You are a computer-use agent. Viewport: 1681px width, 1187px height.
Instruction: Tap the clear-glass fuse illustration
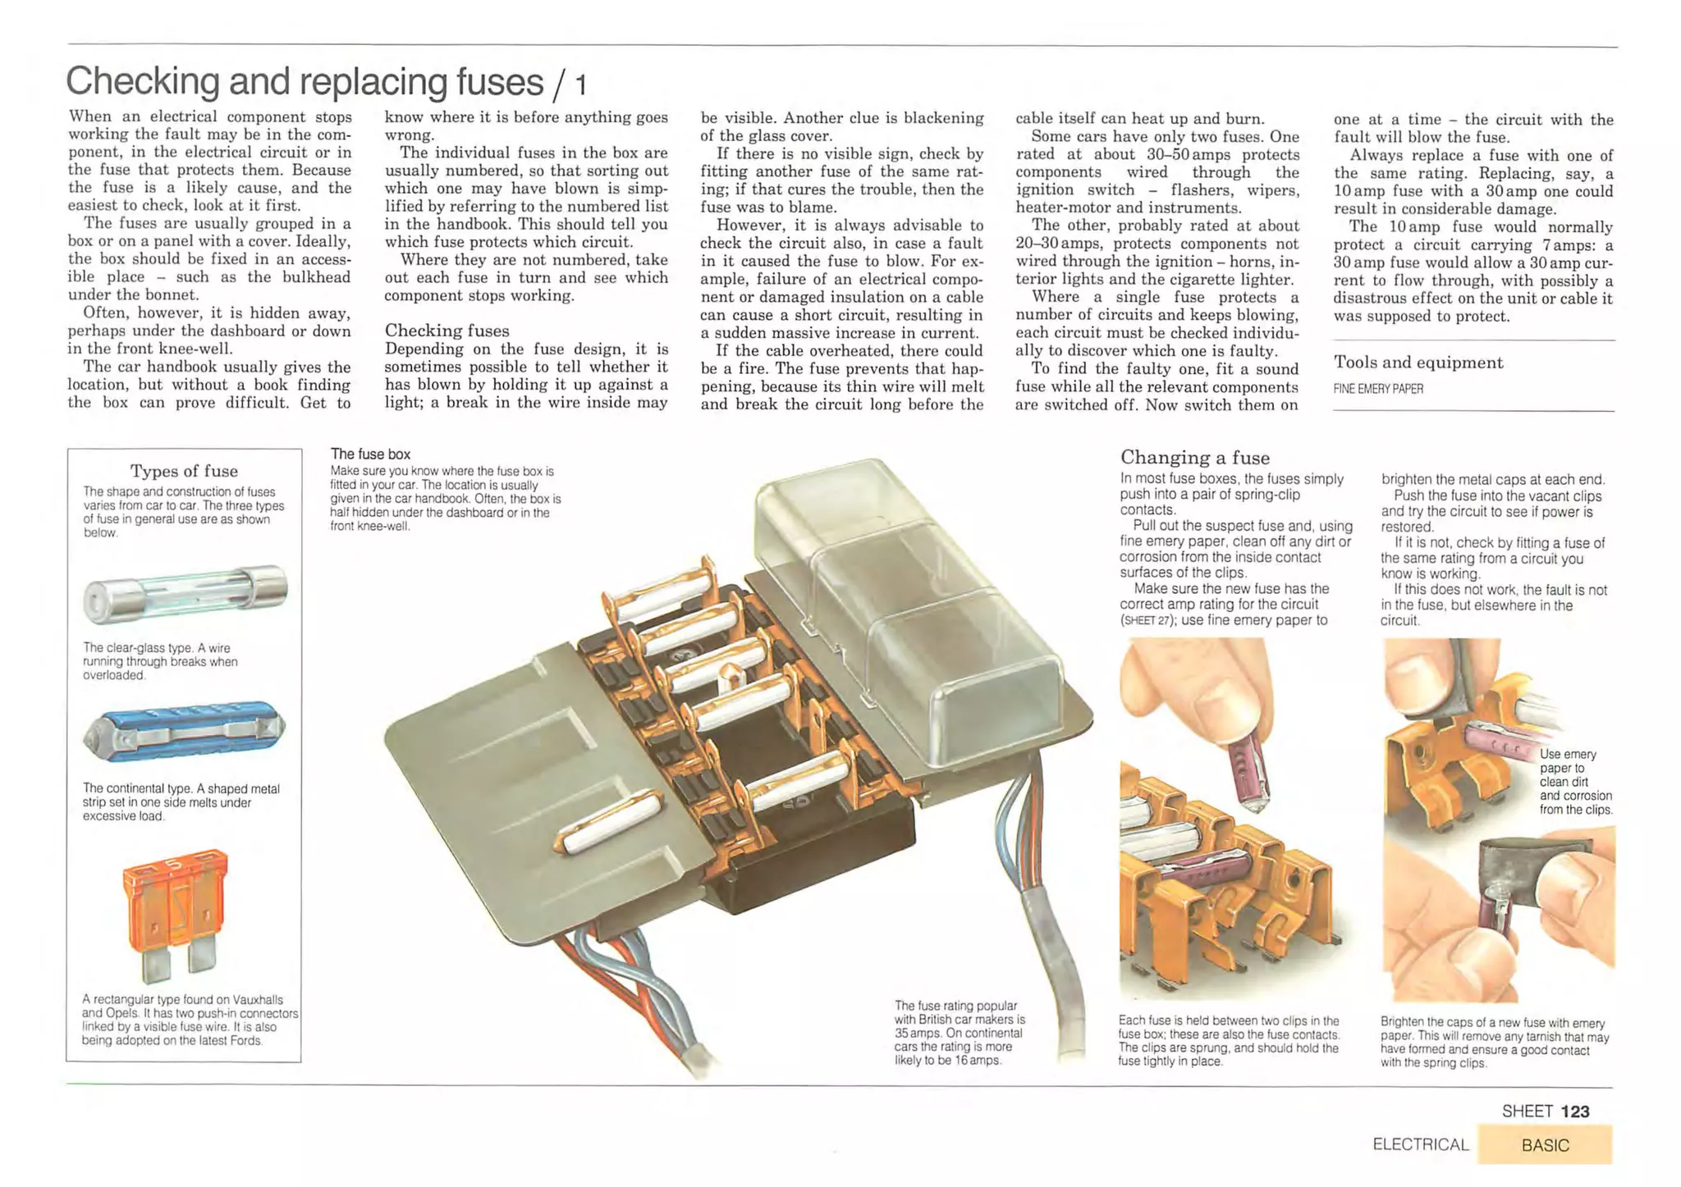click(186, 592)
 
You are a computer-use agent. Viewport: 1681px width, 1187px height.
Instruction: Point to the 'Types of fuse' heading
click(184, 471)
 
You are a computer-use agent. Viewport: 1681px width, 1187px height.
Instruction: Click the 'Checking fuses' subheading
click(447, 331)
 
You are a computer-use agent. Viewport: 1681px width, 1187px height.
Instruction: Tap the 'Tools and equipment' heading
click(1418, 363)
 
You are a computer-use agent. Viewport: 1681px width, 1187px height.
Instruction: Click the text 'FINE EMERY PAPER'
click(1378, 389)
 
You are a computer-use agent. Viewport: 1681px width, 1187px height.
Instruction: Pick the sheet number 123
click(1574, 1112)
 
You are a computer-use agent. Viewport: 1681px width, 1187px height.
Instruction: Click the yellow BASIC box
click(1544, 1144)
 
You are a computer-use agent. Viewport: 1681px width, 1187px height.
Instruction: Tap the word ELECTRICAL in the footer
click(1420, 1144)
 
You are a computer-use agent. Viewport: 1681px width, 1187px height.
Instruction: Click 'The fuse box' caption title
click(370, 454)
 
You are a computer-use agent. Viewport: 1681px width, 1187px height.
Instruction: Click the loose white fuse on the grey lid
click(611, 821)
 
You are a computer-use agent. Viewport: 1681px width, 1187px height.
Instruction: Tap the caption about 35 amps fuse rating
click(959, 1033)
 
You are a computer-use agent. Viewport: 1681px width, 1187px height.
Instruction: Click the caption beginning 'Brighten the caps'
click(1494, 1043)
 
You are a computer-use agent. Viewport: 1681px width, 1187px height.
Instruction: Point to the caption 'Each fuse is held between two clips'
click(1228, 1041)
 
